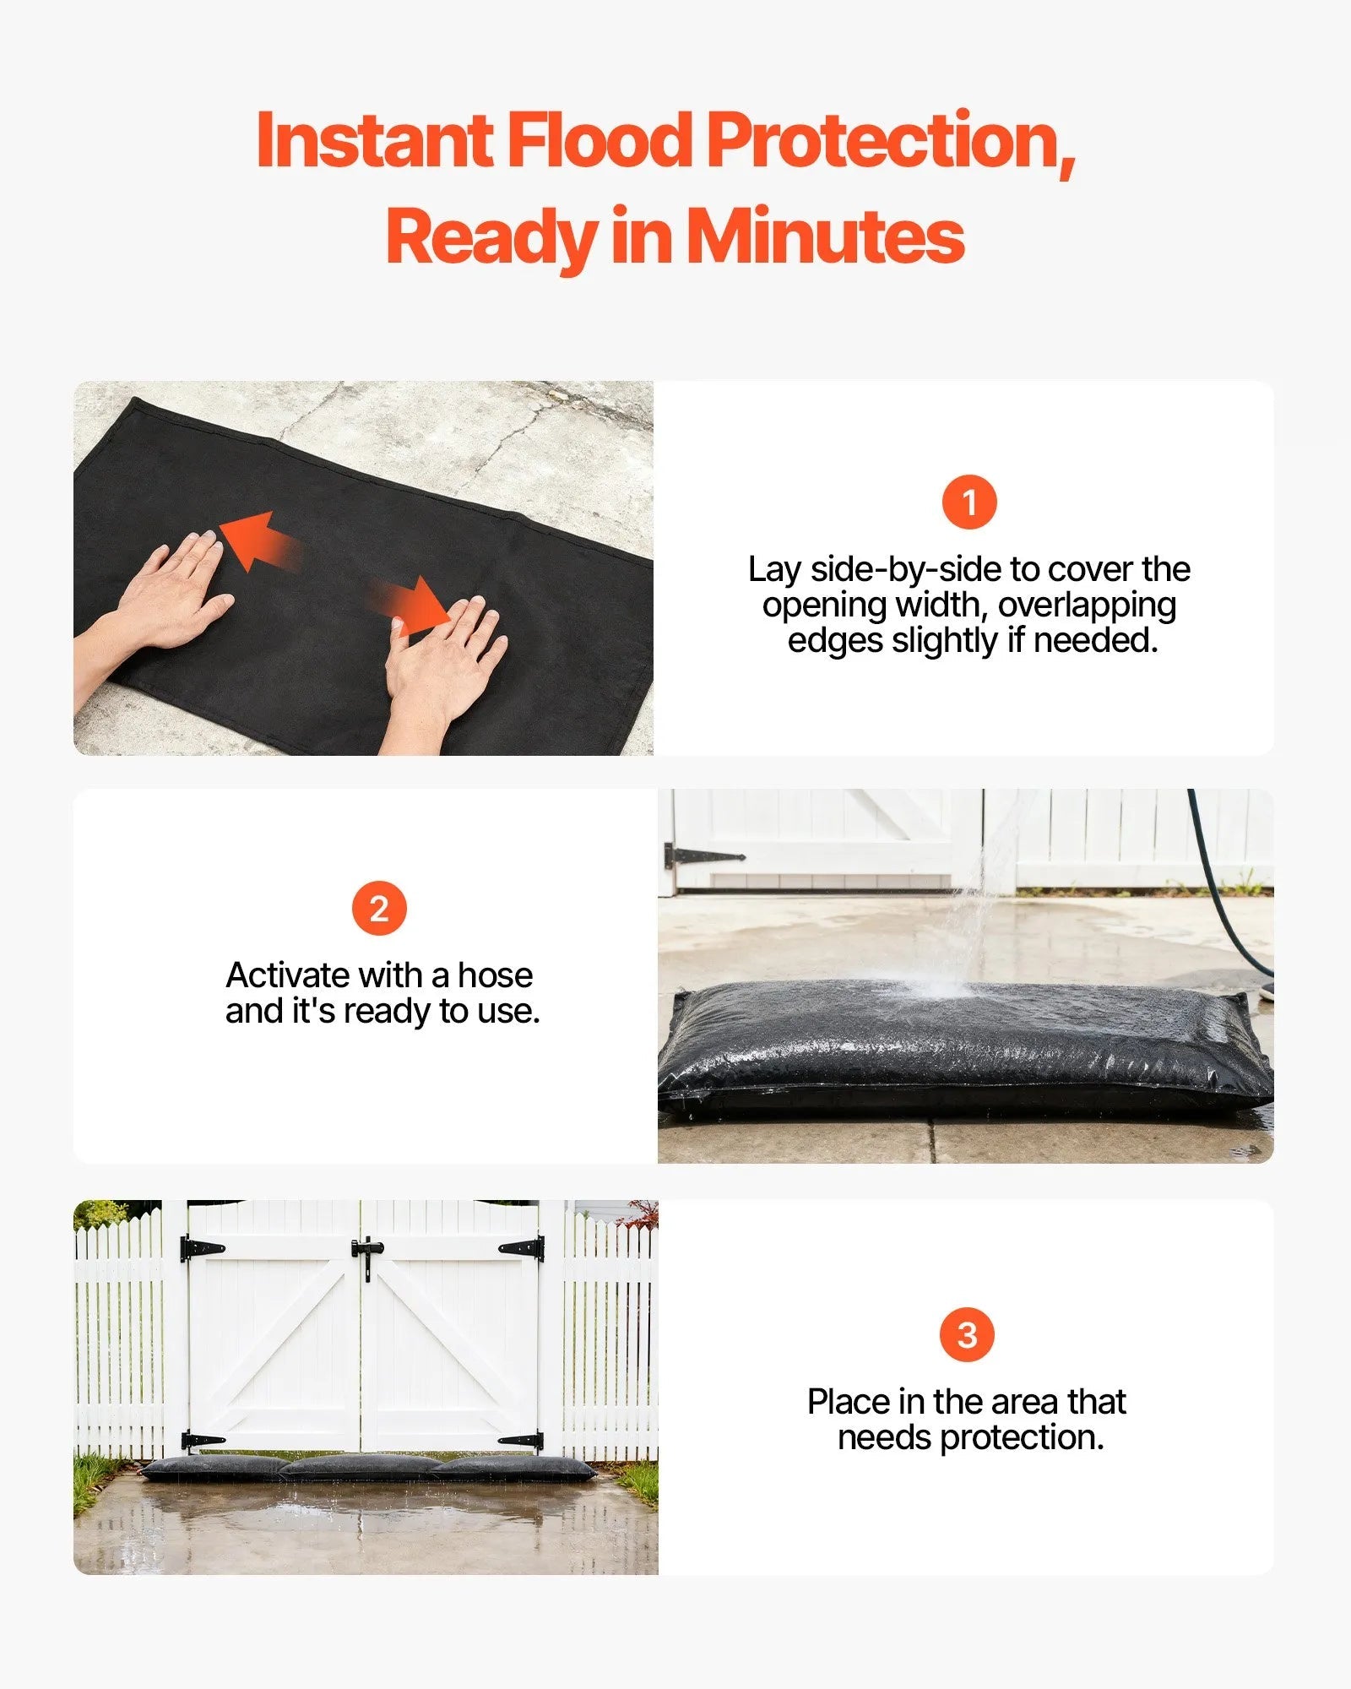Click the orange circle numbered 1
(968, 502)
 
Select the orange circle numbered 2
(378, 909)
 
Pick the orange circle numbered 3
(967, 1334)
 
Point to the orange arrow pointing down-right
(414, 605)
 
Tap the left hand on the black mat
(173, 591)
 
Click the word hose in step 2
(495, 975)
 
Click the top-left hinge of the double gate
(202, 1247)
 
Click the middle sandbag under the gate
(359, 1467)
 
